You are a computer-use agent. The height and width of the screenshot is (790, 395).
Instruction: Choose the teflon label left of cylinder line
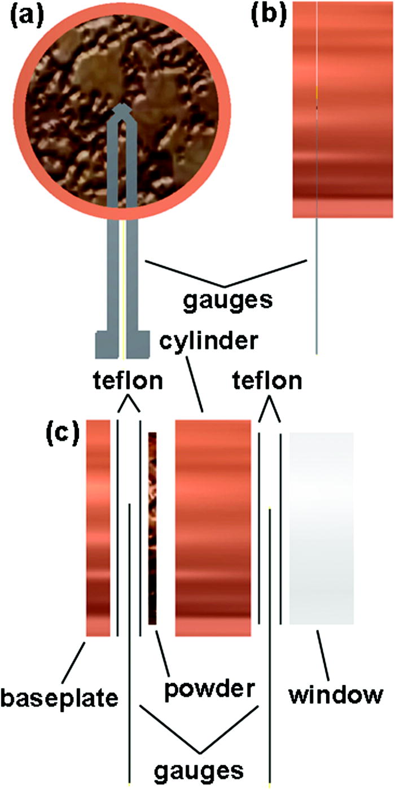tap(128, 382)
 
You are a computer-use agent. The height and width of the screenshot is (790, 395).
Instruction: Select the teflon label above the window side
tap(266, 382)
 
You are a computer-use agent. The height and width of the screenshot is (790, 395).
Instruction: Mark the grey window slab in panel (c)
tap(321, 528)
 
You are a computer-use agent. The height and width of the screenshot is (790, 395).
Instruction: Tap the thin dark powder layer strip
tap(152, 528)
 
